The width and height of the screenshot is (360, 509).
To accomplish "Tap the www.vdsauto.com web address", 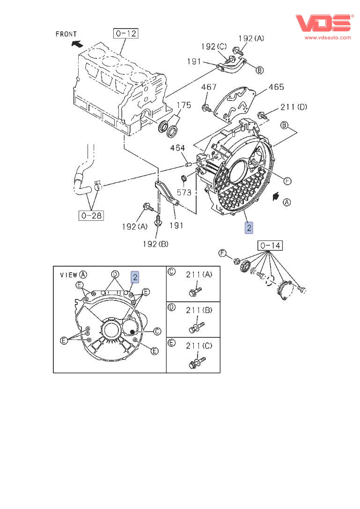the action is pos(328,37).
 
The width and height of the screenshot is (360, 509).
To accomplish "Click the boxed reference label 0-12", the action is pos(126,33).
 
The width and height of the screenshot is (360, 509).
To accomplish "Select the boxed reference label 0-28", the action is pos(91,215).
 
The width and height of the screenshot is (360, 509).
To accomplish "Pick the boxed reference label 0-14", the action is pos(270,246).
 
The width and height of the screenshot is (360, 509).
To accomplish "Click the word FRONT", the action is pos(66,34).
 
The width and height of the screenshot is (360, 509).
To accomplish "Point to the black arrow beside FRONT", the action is pos(77,44).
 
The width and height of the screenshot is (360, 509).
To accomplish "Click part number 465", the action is pos(276,87).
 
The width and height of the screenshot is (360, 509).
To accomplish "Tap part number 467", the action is pos(209,87).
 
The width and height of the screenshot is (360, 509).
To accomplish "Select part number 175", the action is pos(184,105).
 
